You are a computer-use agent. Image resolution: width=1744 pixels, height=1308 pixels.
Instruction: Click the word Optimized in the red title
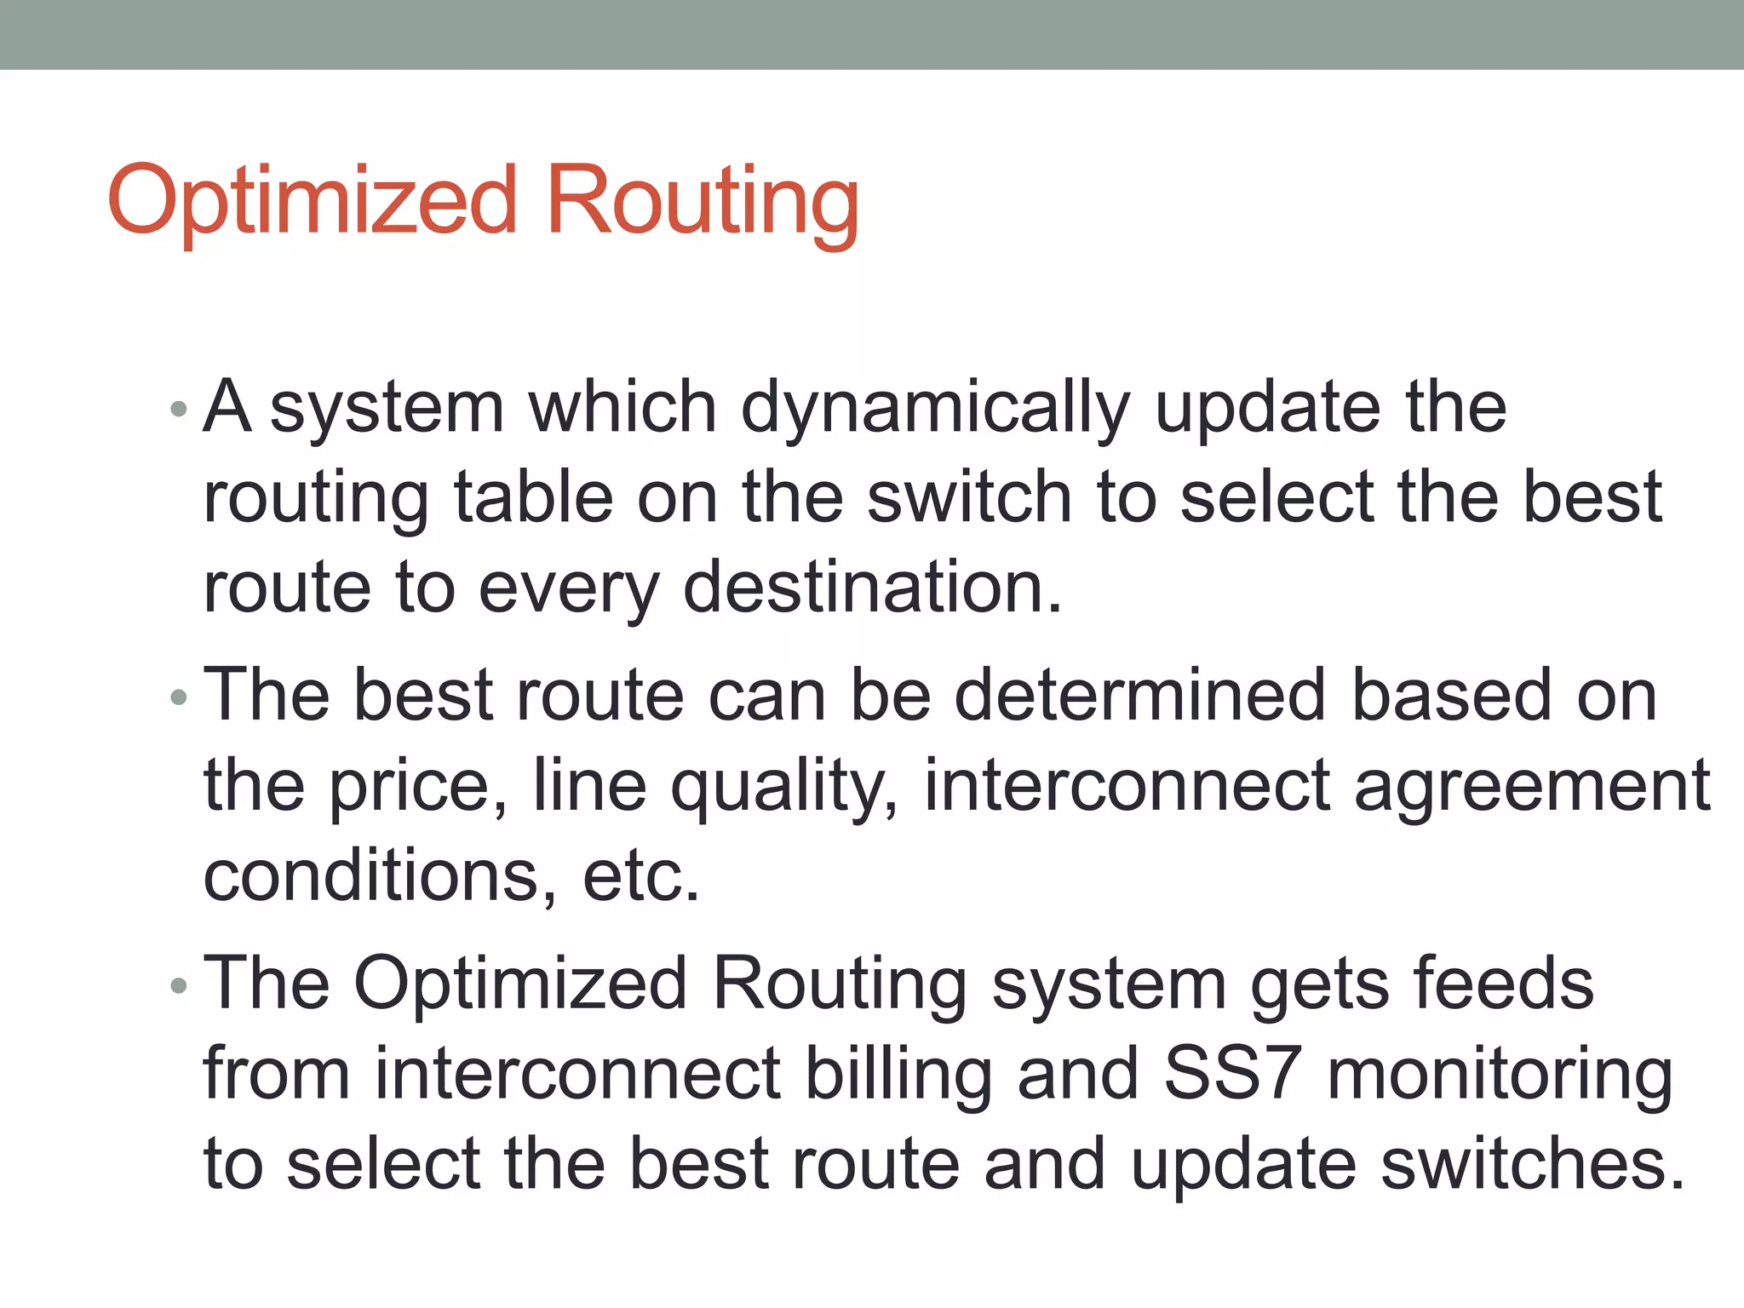[x=313, y=201]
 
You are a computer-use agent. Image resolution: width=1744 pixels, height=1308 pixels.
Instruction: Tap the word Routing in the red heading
[x=702, y=201]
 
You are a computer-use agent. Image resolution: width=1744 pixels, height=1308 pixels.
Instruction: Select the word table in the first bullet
[x=533, y=498]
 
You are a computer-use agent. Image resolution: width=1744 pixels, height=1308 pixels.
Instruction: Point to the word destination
[x=873, y=588]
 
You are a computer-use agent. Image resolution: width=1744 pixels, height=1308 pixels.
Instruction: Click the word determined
[x=1139, y=697]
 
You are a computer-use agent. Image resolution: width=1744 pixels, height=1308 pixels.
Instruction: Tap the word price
[x=418, y=787]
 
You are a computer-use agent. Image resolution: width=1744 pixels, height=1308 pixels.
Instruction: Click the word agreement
[x=1532, y=787]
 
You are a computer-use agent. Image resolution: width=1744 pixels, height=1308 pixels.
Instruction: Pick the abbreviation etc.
[x=640, y=877]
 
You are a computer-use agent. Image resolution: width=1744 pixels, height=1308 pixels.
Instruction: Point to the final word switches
[x=1532, y=1165]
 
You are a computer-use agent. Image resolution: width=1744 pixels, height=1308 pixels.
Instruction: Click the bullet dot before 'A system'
[x=178, y=409]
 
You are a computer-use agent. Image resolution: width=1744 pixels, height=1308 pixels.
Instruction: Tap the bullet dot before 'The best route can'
[x=178, y=698]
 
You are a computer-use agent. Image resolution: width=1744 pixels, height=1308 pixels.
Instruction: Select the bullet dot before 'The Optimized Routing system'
[x=178, y=986]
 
